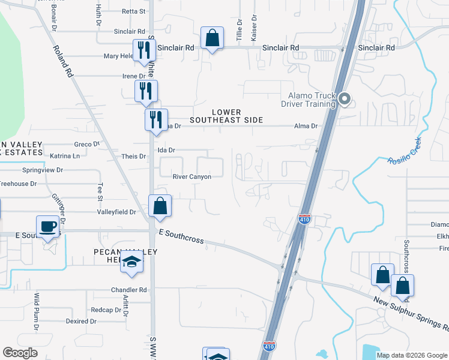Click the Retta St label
pyautogui.click(x=133, y=11)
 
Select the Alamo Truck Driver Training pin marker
pyautogui.click(x=344, y=99)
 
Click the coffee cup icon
pyautogui.click(x=47, y=227)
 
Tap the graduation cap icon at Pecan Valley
pyautogui.click(x=131, y=262)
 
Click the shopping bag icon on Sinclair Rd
pyautogui.click(x=212, y=38)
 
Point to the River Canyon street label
pyautogui.click(x=191, y=177)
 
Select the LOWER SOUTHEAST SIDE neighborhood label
pyautogui.click(x=226, y=116)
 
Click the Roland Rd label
pyautogui.click(x=62, y=62)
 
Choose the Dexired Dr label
pyautogui.click(x=81, y=322)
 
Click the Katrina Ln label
pyautogui.click(x=64, y=156)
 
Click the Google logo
pyautogui.click(x=20, y=353)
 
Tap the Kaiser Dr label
pyautogui.click(x=255, y=29)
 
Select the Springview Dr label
pyautogui.click(x=42, y=170)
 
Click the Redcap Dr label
pyautogui.click(x=106, y=310)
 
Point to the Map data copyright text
pyautogui.click(x=412, y=355)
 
